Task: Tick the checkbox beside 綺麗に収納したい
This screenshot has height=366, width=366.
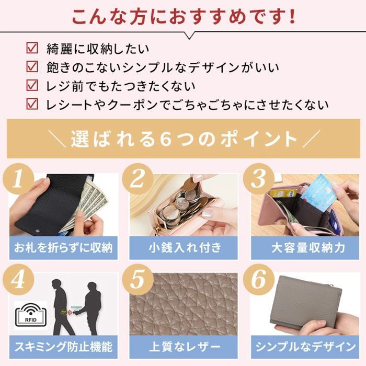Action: (x=33, y=50)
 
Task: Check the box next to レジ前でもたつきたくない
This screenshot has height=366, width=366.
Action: (x=33, y=86)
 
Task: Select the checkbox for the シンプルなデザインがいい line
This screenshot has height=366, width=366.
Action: (x=33, y=67)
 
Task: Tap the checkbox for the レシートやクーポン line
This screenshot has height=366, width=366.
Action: (x=33, y=104)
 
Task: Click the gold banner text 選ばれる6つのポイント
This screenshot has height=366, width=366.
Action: (x=184, y=139)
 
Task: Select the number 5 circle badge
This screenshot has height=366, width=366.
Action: (x=138, y=281)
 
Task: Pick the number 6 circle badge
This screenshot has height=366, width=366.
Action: (x=259, y=281)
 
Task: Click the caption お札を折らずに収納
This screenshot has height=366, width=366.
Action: (x=61, y=247)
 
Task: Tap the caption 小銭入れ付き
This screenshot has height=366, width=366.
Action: (x=183, y=247)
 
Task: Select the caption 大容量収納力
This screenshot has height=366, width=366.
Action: (x=305, y=247)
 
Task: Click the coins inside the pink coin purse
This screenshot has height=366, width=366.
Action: (x=180, y=207)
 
